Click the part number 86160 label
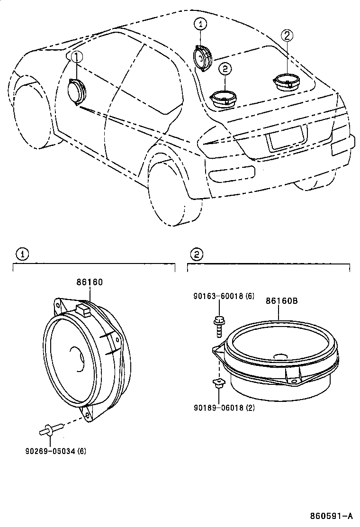point(90,282)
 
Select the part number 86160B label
point(281,300)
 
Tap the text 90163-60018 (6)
point(224,296)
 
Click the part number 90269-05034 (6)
point(56,451)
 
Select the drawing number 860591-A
point(331,516)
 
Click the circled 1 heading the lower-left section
point(21,254)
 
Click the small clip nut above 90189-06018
point(218,382)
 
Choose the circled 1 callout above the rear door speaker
point(200,24)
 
